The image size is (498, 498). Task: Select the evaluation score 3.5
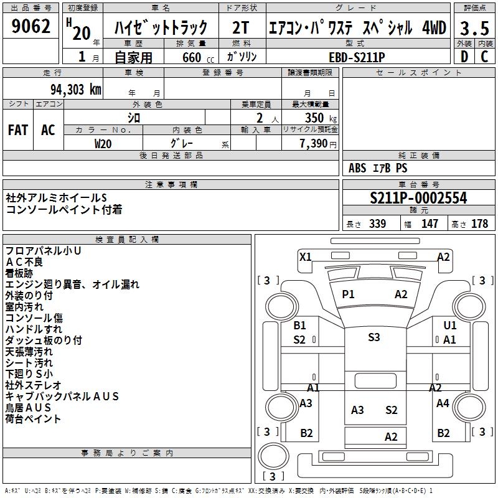click(x=474, y=27)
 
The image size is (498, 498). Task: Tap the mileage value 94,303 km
click(x=75, y=89)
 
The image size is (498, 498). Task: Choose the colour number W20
click(x=103, y=143)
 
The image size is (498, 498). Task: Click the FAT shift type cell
click(x=17, y=129)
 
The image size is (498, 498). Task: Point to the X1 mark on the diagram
click(x=306, y=256)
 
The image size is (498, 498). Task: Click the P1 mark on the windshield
click(x=348, y=294)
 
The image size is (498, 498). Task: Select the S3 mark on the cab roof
click(x=374, y=337)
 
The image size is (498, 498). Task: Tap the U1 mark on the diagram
click(x=450, y=325)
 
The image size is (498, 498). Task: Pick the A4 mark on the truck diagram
click(x=443, y=403)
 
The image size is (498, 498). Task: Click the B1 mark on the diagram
click(x=300, y=325)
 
